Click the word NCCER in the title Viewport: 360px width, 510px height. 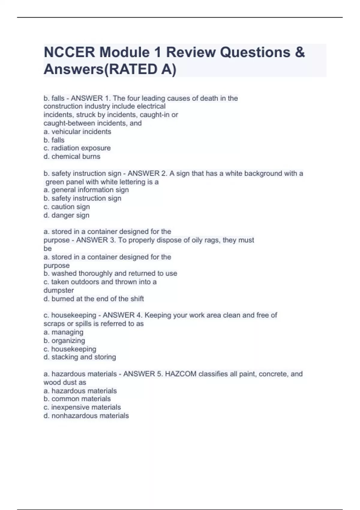pyautogui.click(x=69, y=52)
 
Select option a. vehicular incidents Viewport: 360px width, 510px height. pyautogui.click(x=77, y=132)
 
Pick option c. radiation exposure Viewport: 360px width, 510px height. pyautogui.click(x=77, y=148)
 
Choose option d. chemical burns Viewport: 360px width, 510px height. pyautogui.click(x=72, y=157)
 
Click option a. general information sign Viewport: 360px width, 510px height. pyautogui.click(x=86, y=190)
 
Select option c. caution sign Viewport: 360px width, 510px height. pyautogui.click(x=67, y=207)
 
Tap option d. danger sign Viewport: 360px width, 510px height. pyautogui.click(x=66, y=215)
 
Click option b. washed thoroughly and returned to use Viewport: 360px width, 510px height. pyautogui.click(x=110, y=274)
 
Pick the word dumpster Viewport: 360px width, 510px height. pyautogui.click(x=59, y=290)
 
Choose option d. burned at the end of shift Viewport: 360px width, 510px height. pyautogui.click(x=94, y=299)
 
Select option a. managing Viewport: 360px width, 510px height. pyautogui.click(x=63, y=332)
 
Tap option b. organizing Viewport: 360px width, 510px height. pyautogui.click(x=64, y=341)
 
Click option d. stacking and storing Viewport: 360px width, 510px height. pyautogui.click(x=80, y=357)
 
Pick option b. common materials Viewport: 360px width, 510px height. pyautogui.click(x=77, y=399)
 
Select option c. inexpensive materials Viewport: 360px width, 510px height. pyautogui.click(x=82, y=407)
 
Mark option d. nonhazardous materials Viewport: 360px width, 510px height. pyautogui.click(x=86, y=416)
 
